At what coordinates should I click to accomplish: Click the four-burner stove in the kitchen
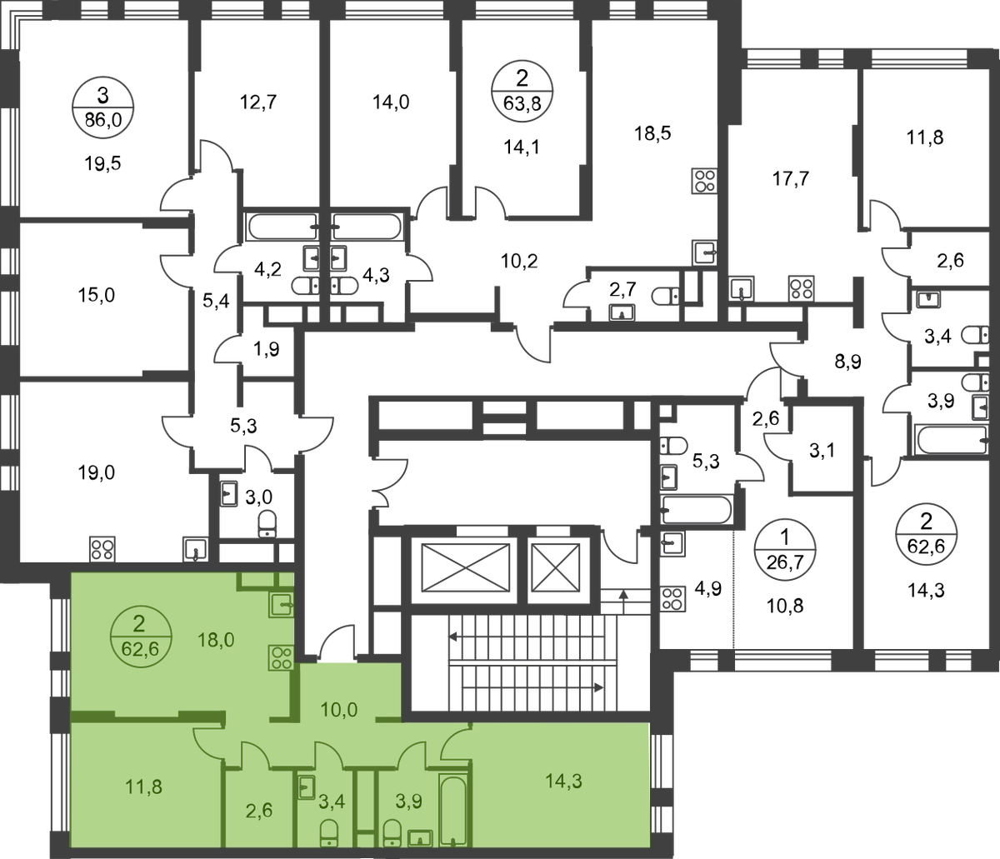279,657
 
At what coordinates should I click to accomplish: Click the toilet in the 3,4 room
329,834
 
